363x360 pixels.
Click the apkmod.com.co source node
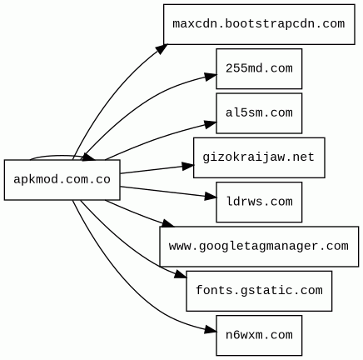tap(62, 180)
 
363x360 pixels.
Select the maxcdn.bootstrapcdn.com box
tap(259, 24)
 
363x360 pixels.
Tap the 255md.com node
tap(259, 69)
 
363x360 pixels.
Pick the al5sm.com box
tap(259, 113)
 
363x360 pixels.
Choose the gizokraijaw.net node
tap(259, 157)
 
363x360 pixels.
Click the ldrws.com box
tap(259, 202)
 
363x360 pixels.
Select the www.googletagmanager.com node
tap(259, 247)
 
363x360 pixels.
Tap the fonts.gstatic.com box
tap(259, 291)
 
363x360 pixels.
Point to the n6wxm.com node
tap(259, 336)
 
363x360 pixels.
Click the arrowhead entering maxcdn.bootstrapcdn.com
tap(162, 48)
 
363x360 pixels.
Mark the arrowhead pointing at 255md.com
tap(211, 76)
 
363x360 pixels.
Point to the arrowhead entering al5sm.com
tap(211, 124)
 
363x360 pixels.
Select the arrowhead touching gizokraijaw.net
tap(188, 166)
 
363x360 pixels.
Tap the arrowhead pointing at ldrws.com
tap(211, 197)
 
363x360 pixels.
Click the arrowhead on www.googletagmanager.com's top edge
tap(168, 223)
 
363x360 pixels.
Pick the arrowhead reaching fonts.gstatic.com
tap(181, 275)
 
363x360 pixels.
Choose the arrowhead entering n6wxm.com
tap(211, 330)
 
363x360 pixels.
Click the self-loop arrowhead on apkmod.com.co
tap(89, 157)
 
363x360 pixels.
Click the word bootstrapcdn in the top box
tap(266, 24)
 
